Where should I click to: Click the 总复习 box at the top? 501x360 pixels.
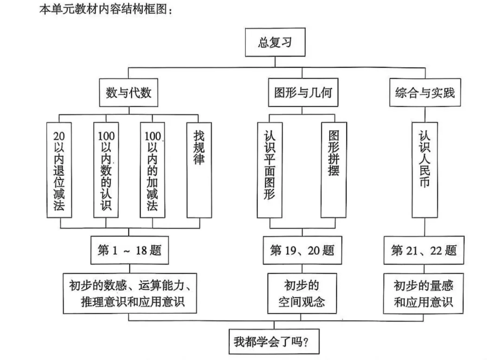(x=275, y=43)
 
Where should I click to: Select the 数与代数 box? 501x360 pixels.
(x=128, y=93)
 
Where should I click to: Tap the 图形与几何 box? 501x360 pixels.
(x=302, y=93)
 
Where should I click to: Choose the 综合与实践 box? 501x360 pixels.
(x=425, y=93)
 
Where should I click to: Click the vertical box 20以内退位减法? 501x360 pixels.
(x=59, y=170)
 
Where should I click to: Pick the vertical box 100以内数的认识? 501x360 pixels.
(x=106, y=170)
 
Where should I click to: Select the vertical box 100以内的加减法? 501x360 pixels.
(x=153, y=170)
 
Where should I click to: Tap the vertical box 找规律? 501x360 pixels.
(x=199, y=170)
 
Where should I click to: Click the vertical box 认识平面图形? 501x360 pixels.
(x=270, y=170)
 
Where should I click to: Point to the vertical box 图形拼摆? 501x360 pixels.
(x=334, y=170)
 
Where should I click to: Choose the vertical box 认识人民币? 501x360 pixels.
(x=425, y=170)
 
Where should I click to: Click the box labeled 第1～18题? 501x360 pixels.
(x=129, y=251)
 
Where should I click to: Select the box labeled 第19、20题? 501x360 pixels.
(x=302, y=251)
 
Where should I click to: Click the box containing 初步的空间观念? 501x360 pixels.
(x=302, y=293)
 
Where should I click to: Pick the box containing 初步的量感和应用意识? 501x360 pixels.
(x=423, y=293)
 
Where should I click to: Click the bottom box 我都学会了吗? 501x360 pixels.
(x=274, y=342)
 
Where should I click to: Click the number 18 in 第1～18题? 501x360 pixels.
(x=141, y=251)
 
